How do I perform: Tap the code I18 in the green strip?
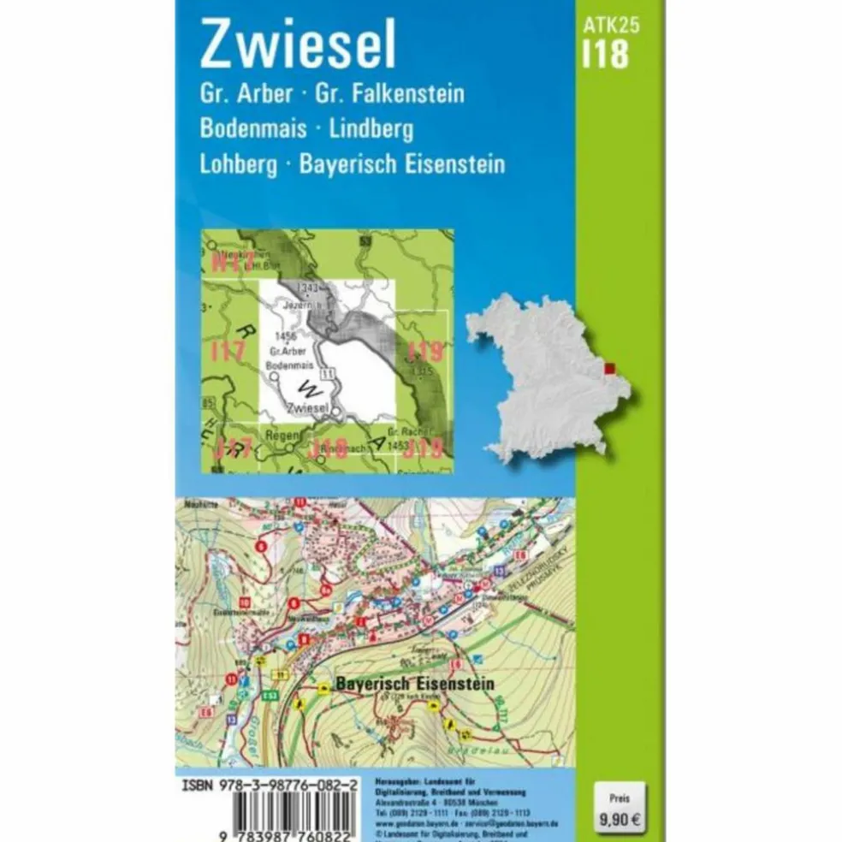tap(605, 55)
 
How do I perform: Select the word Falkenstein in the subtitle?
tap(403, 92)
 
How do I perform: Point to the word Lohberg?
tap(239, 164)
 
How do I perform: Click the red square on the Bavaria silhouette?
tap(608, 369)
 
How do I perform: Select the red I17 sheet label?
tap(228, 351)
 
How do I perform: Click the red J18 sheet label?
tap(329, 447)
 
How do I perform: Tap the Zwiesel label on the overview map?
tap(309, 409)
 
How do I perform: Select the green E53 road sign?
tap(271, 695)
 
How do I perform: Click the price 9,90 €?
tap(619, 819)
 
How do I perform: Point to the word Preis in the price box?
tap(618, 797)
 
